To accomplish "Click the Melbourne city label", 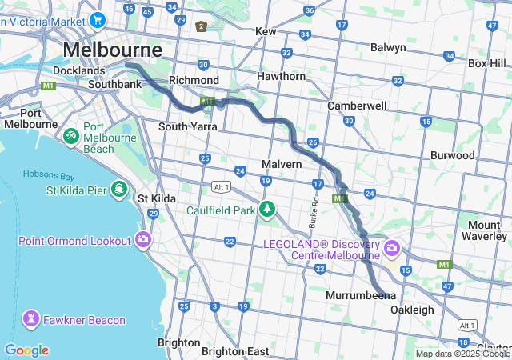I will click(112, 50).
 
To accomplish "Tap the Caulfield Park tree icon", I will click(266, 210).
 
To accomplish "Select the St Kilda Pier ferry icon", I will click(119, 190).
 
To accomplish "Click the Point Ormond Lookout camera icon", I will click(143, 240).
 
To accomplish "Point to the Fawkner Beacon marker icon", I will click(32, 320).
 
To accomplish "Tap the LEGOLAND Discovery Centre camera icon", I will click(391, 248).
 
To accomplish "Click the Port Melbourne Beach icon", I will click(71, 137).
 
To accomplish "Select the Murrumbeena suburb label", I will click(360, 295).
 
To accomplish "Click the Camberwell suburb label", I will click(357, 106).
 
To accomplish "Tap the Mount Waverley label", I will click(485, 230).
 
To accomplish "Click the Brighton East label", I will click(235, 351).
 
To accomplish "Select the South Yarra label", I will click(188, 126).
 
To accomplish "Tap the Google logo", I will click(26, 350).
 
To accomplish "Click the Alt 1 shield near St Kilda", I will click(221, 186).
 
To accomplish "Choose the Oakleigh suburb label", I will click(412, 310).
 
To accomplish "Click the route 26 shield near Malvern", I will click(314, 143).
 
